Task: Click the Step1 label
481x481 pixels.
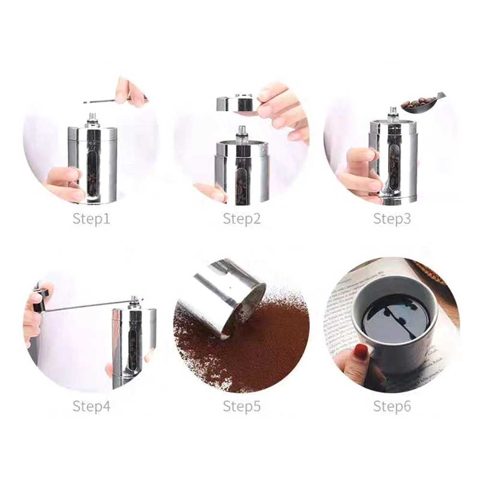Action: pyautogui.click(x=91, y=219)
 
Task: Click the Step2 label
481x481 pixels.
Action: pyautogui.click(x=241, y=219)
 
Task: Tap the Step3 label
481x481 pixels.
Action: pyautogui.click(x=392, y=219)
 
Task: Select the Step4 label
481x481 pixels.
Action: pyautogui.click(x=91, y=407)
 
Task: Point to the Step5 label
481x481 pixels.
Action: pyautogui.click(x=241, y=407)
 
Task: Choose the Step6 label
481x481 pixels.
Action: pyautogui.click(x=392, y=407)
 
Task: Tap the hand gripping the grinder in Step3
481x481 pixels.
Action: pyautogui.click(x=360, y=173)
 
